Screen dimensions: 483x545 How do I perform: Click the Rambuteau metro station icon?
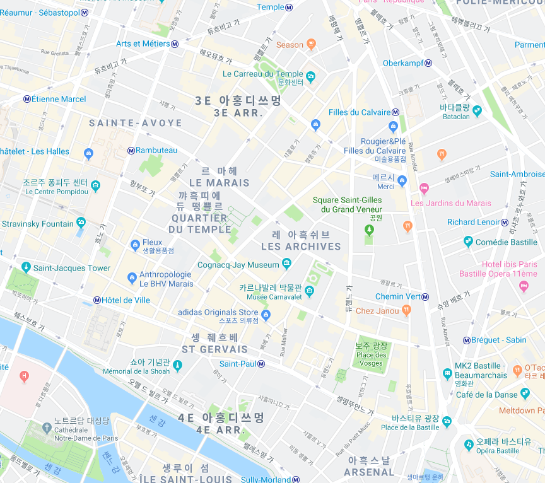click(x=131, y=150)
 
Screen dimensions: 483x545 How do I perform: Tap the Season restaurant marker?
click(x=310, y=44)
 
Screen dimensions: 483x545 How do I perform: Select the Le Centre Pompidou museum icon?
click(x=95, y=185)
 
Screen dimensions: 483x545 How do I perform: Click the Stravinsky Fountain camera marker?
click(x=81, y=222)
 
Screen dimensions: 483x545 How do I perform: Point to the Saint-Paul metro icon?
click(x=261, y=364)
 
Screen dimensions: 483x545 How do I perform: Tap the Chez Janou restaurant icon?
click(x=407, y=310)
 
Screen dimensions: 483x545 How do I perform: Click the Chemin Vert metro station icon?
click(x=426, y=297)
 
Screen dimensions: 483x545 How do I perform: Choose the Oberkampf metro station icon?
click(x=428, y=63)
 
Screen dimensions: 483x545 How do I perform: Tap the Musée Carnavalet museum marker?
click(x=310, y=291)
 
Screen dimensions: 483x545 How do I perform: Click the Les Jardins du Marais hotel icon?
click(x=424, y=188)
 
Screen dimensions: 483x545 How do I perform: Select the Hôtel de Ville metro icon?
click(x=97, y=300)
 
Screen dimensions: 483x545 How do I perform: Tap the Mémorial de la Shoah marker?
click(x=177, y=364)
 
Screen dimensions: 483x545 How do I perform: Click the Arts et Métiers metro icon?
click(x=175, y=44)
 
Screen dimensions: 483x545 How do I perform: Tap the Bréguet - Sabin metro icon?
click(x=466, y=340)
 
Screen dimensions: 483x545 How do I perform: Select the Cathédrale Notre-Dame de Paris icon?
click(x=47, y=428)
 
